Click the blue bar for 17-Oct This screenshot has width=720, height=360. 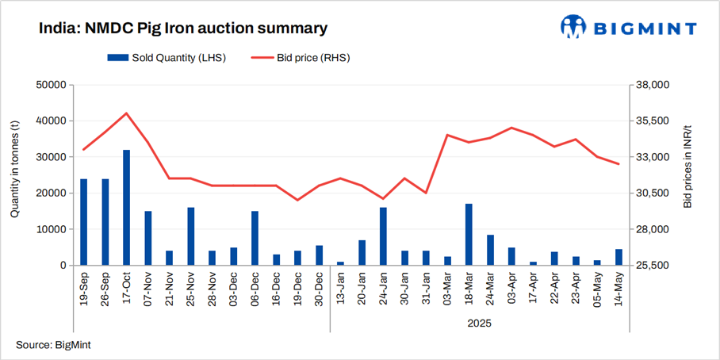click(126, 208)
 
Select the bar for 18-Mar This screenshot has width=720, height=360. click(469, 235)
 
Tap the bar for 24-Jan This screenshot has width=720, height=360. click(383, 236)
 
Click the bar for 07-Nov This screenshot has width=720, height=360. click(147, 238)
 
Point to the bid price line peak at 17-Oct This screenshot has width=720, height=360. click(126, 113)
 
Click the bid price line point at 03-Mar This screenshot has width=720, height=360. click(447, 135)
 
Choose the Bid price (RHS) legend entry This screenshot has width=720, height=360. click(301, 57)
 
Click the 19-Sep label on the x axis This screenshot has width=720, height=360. click(84, 289)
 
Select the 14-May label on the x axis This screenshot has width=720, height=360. click(619, 289)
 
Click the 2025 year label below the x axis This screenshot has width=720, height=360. click(479, 323)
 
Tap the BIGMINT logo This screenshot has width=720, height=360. click(629, 28)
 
